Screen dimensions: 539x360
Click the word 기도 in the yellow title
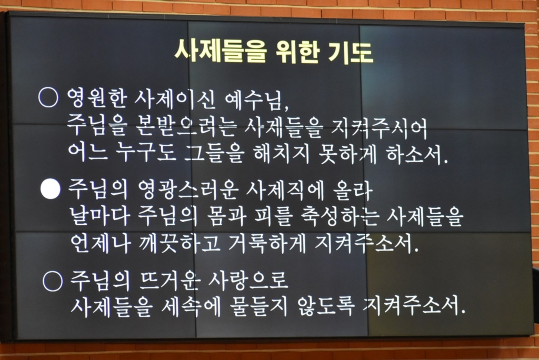pyautogui.click(x=350, y=52)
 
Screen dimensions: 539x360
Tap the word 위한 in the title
pyautogui.click(x=298, y=52)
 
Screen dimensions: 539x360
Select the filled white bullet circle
pyautogui.click(x=50, y=189)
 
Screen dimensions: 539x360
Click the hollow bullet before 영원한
pyautogui.click(x=48, y=97)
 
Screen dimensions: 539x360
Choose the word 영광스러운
pyautogui.click(x=188, y=190)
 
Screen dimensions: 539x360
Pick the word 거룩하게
pyautogui.click(x=267, y=243)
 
